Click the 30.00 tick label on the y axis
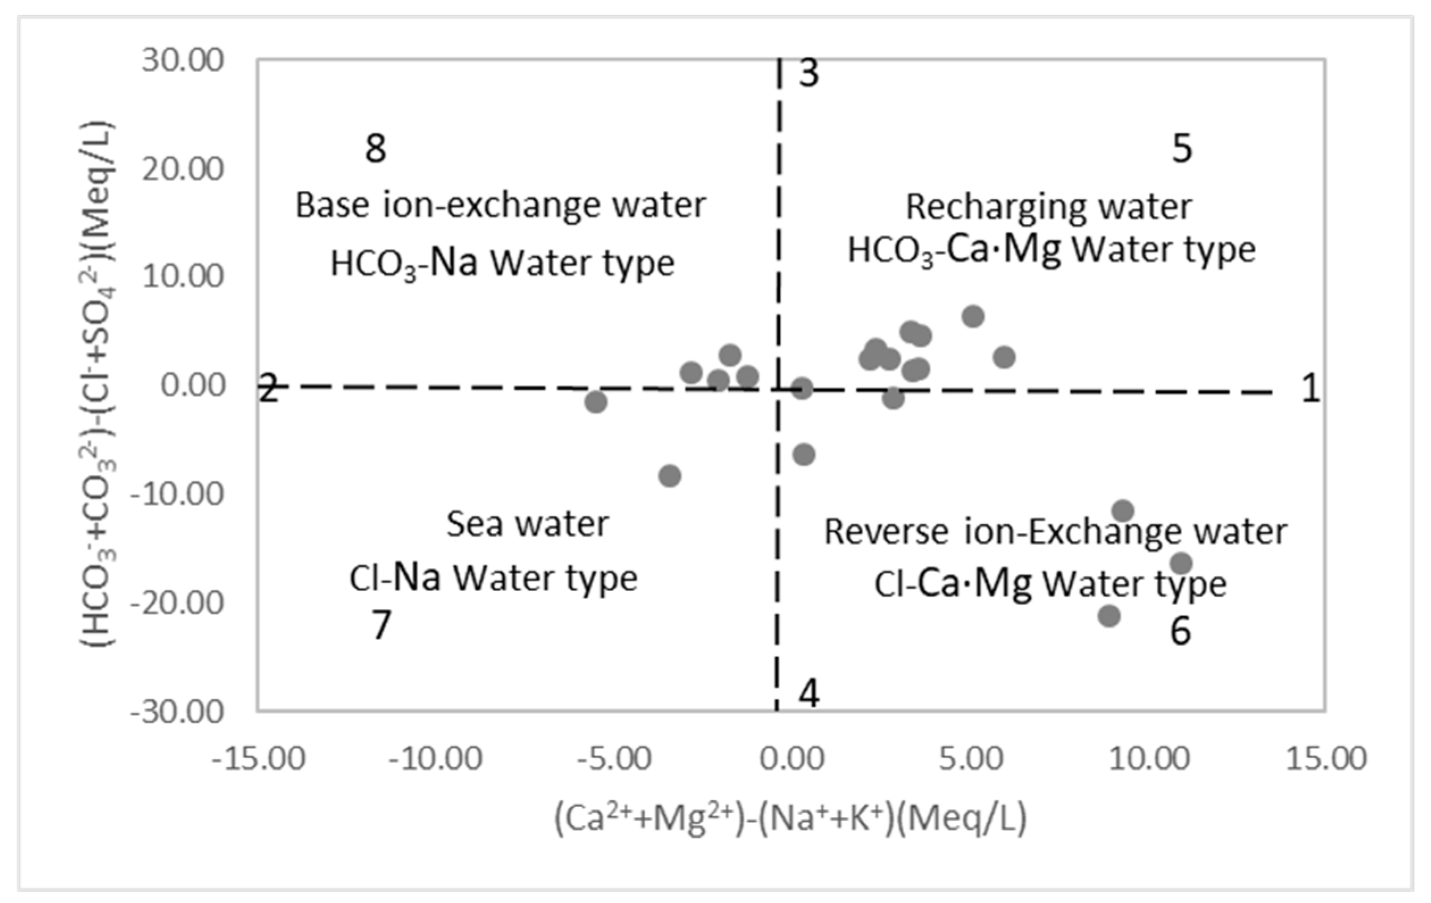pyautogui.click(x=182, y=60)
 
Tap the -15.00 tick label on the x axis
pyautogui.click(x=258, y=759)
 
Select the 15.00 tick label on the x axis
pyautogui.click(x=1326, y=759)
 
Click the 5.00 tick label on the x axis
pyautogui.click(x=971, y=759)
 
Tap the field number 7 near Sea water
pyautogui.click(x=381, y=625)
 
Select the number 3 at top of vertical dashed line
pyautogui.click(x=808, y=73)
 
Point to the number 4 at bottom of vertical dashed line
pyautogui.click(x=809, y=692)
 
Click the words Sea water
pyautogui.click(x=527, y=524)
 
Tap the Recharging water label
pyautogui.click(x=1048, y=207)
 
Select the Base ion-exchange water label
pyautogui.click(x=500, y=205)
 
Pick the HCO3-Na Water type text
pyautogui.click(x=502, y=264)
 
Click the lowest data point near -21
pyautogui.click(x=1109, y=616)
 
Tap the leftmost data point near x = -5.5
pyautogui.click(x=596, y=402)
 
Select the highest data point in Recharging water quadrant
pyautogui.click(x=973, y=316)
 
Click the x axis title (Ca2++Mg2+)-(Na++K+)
pyautogui.click(x=790, y=818)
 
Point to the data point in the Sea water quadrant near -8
pyautogui.click(x=670, y=475)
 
